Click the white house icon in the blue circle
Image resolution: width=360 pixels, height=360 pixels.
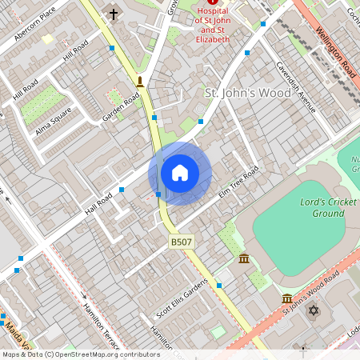coord(180,173)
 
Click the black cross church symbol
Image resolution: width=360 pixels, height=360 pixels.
coord(113,14)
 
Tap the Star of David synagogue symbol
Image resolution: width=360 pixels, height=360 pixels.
coord(313,310)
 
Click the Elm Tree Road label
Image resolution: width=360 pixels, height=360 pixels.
coord(240,182)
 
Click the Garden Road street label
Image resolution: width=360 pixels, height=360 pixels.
coord(121,109)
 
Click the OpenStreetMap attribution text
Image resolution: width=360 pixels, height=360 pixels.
coord(80,354)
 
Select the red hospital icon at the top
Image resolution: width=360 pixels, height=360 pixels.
coord(212,3)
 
